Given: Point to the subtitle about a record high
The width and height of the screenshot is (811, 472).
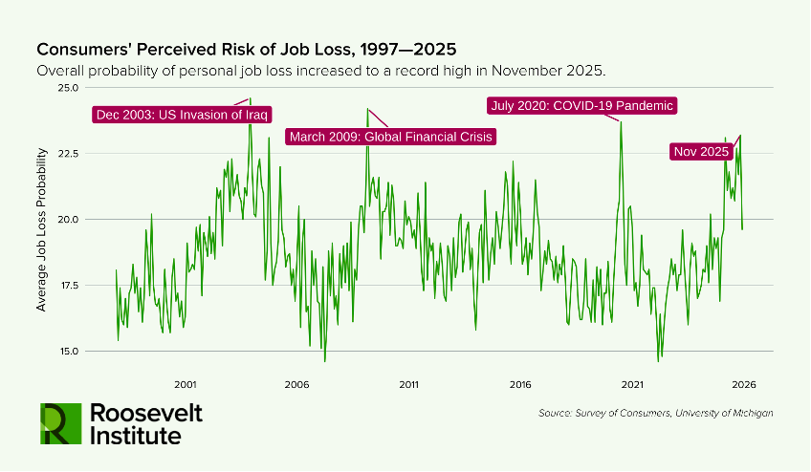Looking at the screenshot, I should coord(320,72).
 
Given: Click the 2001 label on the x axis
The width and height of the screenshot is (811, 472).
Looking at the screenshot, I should coord(186,385).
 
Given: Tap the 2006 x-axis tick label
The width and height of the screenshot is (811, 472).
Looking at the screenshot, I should coord(296,385).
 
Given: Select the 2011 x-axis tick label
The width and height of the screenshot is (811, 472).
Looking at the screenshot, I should coord(408,385).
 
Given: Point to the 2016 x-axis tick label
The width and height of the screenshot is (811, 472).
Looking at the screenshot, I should coord(520,385).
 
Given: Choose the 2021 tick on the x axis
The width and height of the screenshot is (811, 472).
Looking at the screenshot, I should coord(632,385).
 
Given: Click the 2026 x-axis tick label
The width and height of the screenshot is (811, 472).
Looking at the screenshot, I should coord(744,385).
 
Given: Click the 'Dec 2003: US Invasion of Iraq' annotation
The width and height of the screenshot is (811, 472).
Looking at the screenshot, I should coord(182,115).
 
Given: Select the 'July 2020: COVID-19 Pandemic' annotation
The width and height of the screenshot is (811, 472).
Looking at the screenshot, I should coord(581,105).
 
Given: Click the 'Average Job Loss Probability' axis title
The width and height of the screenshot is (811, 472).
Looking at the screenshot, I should coord(41,229).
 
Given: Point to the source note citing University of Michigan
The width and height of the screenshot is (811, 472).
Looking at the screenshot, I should coord(655,413).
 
